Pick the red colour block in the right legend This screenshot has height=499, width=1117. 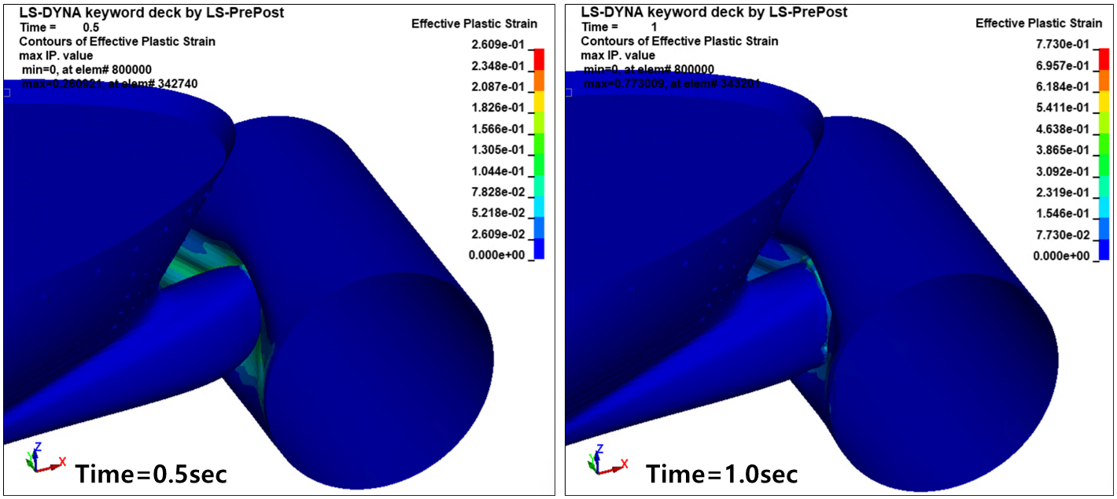pos(1104,59)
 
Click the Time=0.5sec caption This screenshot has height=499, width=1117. pos(151,474)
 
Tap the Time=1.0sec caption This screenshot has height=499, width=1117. pos(722,474)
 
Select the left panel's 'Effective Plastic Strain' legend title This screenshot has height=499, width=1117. pos(474,24)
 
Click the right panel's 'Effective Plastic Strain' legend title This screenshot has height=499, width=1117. pos(1038,24)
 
